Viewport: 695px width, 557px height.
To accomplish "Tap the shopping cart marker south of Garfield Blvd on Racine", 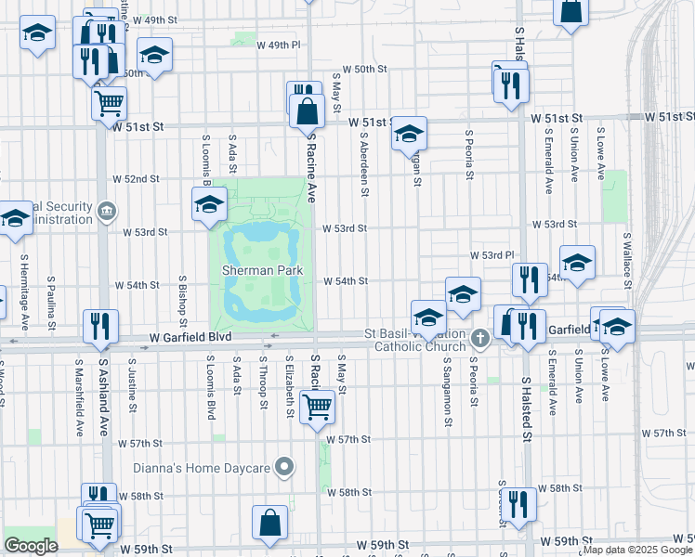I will pos(318,406).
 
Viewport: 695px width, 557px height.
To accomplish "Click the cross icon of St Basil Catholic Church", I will pos(479,337).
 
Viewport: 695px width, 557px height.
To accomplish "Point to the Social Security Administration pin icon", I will pos(109,211).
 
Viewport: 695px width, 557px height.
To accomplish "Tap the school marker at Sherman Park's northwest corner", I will pos(209,202).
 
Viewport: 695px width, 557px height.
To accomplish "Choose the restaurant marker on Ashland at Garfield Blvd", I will pos(99,325).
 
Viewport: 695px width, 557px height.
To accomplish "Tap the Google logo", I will pos(31,546).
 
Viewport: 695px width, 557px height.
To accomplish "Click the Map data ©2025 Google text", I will pos(636,550).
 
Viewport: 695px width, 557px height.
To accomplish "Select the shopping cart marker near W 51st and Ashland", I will pos(109,102).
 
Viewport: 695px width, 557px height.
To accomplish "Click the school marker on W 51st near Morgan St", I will pos(409,133).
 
